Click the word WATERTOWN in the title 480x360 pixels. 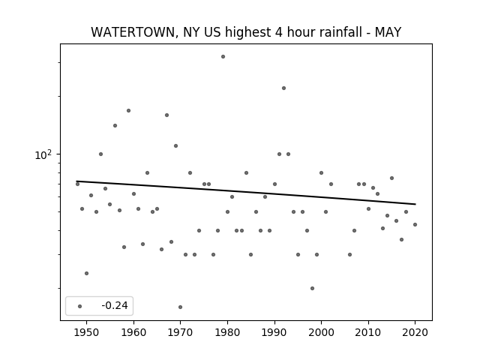(x=133, y=32)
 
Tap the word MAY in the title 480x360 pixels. (x=388, y=32)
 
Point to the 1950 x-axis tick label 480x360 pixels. (x=87, y=332)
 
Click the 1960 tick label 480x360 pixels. (x=133, y=332)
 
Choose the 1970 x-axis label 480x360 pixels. (x=181, y=332)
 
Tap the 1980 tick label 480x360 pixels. (x=227, y=332)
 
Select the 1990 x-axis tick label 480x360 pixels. (x=274, y=332)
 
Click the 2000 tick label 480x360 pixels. (x=322, y=332)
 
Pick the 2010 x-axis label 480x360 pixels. (x=368, y=332)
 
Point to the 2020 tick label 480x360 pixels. (x=415, y=332)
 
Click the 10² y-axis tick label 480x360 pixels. (x=43, y=154)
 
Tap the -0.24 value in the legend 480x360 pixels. (x=115, y=305)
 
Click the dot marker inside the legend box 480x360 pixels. (x=80, y=306)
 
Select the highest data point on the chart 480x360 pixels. (x=223, y=57)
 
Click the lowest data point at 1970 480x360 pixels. (x=180, y=307)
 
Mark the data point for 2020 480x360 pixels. (x=415, y=224)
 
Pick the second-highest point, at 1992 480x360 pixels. (x=283, y=88)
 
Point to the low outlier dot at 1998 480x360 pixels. (x=312, y=288)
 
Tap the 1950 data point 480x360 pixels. (x=87, y=273)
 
